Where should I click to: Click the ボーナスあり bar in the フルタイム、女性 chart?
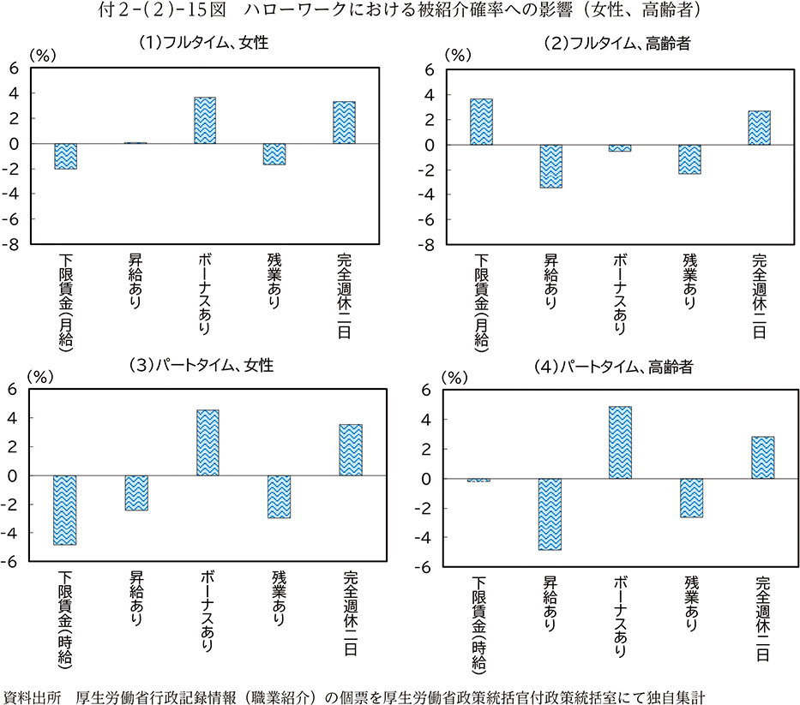click(x=205, y=121)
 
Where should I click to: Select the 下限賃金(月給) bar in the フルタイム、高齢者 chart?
click(x=481, y=122)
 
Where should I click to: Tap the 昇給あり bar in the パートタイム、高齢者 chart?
click(x=550, y=514)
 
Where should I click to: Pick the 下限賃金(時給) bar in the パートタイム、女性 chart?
click(x=66, y=510)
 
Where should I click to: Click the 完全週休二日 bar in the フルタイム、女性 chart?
click(x=344, y=122)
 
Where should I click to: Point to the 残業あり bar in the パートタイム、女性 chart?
click(x=279, y=497)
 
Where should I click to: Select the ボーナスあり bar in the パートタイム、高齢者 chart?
click(x=620, y=442)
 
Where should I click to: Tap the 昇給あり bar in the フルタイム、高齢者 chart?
click(x=550, y=166)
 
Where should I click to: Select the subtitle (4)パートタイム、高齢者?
click(x=613, y=367)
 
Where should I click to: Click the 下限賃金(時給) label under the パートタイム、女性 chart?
click(x=66, y=618)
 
